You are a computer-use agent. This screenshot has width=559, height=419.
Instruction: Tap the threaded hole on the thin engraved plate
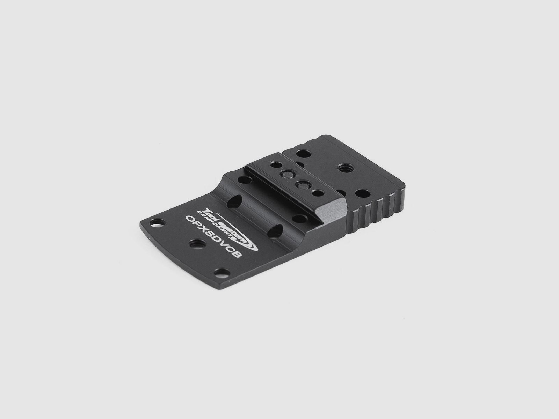point(195,244)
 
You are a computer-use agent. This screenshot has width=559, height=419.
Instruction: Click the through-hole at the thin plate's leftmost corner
point(157,223)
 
